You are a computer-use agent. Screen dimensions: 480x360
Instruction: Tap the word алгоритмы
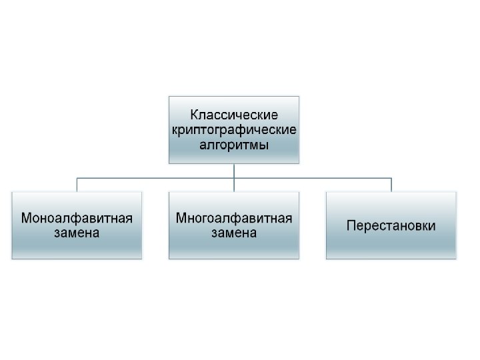[234, 144]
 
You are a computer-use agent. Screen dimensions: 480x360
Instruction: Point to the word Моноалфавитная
[77, 218]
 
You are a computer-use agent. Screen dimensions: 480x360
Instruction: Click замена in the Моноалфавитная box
[77, 233]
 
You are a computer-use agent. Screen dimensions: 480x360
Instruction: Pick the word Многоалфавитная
[234, 218]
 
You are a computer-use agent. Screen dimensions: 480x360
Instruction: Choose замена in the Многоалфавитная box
[234, 233]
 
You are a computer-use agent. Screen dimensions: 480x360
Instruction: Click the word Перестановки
[391, 226]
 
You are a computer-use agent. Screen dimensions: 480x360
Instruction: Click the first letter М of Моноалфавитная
[27, 218]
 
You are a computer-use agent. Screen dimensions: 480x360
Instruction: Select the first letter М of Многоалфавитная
[181, 218]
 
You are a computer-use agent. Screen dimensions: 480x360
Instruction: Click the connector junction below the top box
[234, 178]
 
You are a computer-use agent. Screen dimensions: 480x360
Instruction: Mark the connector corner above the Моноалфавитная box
[77, 178]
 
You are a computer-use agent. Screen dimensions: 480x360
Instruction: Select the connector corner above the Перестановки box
[391, 178]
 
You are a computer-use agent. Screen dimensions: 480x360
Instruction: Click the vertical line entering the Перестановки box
[391, 185]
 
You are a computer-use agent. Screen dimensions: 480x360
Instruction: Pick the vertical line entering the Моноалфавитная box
[77, 185]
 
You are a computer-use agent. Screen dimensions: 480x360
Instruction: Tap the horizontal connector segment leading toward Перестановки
[313, 178]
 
